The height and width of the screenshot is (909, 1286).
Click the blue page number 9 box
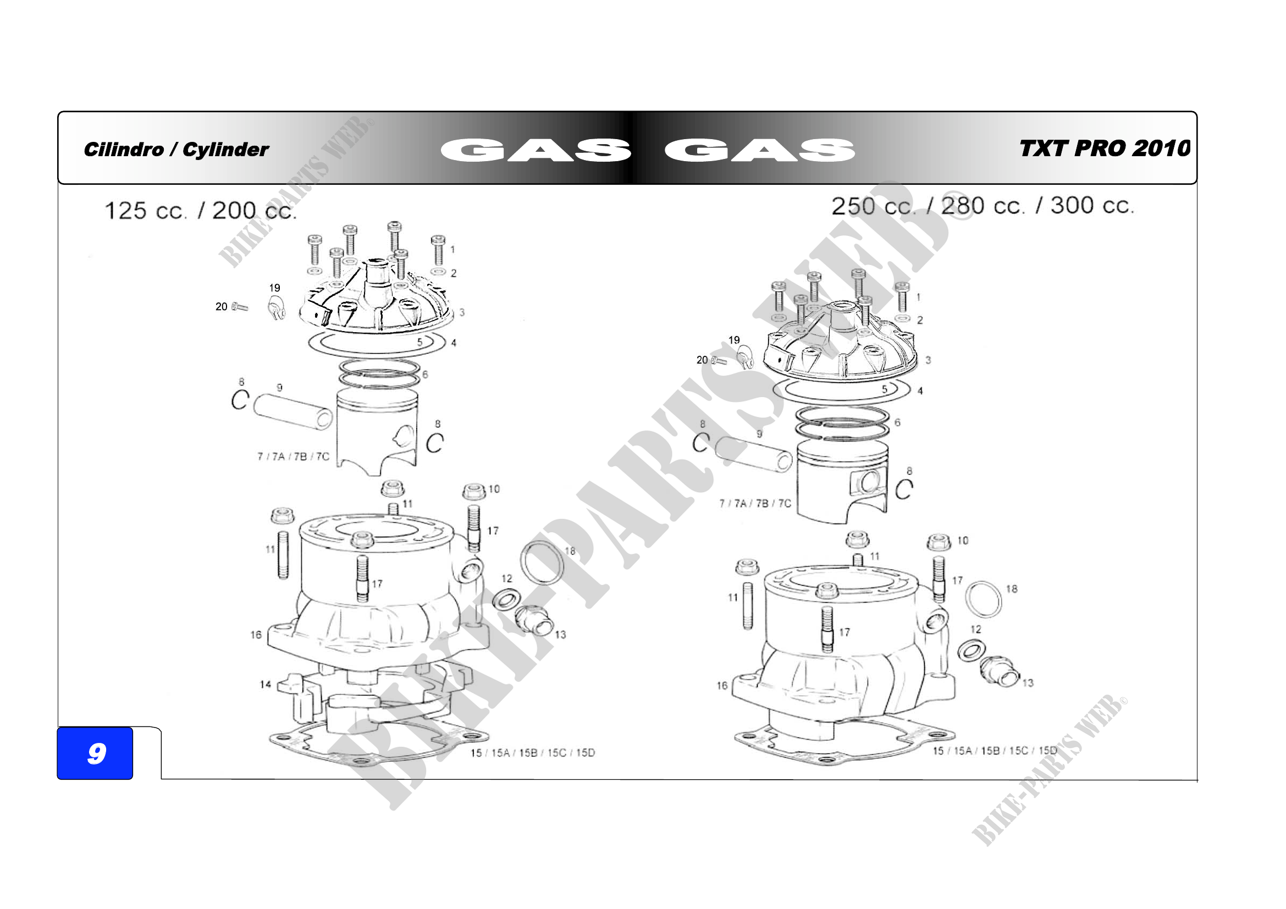coord(95,753)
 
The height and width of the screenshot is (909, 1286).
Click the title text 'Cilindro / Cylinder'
coord(176,150)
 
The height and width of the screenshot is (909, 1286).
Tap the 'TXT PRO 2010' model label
coord(1105,148)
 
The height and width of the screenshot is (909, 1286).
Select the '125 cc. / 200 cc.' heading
coord(201,211)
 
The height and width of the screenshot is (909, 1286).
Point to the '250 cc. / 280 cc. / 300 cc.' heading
coord(983,206)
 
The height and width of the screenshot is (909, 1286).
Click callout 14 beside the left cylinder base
coord(266,684)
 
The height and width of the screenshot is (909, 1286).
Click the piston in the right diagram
coord(843,481)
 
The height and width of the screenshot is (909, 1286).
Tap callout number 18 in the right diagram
coord(1012,588)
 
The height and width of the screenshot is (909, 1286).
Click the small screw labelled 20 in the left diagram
coord(240,306)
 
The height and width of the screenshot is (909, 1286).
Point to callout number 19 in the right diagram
coord(734,340)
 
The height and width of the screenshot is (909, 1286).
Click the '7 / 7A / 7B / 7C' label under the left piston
coord(293,456)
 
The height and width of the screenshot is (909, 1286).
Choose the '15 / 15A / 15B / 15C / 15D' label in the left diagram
coord(533,753)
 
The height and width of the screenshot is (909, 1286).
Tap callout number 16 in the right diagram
coord(722,686)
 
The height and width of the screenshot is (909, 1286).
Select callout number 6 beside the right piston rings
coord(897,422)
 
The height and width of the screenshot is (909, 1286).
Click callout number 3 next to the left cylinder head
coord(462,312)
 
